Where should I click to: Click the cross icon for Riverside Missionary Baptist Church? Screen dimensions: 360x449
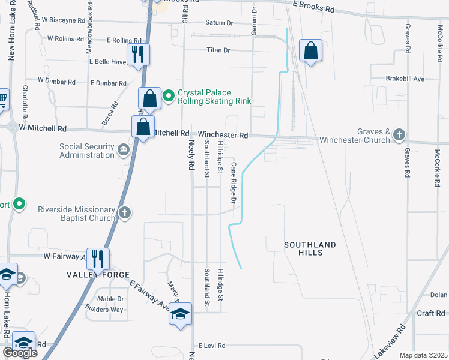coord(124,212)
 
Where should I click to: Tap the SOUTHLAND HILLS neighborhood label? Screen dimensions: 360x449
coord(310,248)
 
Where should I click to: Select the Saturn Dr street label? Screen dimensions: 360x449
coord(219,23)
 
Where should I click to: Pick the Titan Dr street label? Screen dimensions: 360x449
coord(218,50)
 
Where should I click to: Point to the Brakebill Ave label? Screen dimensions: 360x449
coord(406,79)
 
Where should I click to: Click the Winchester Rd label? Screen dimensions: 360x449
coord(223,136)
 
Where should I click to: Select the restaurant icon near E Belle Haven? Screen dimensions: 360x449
coord(138,54)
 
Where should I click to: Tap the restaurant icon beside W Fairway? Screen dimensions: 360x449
coord(98,259)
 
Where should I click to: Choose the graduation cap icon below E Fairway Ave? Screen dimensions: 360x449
coord(180,314)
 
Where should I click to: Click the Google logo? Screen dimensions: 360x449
coord(20,353)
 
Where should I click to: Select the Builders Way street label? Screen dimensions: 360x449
coord(106,310)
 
